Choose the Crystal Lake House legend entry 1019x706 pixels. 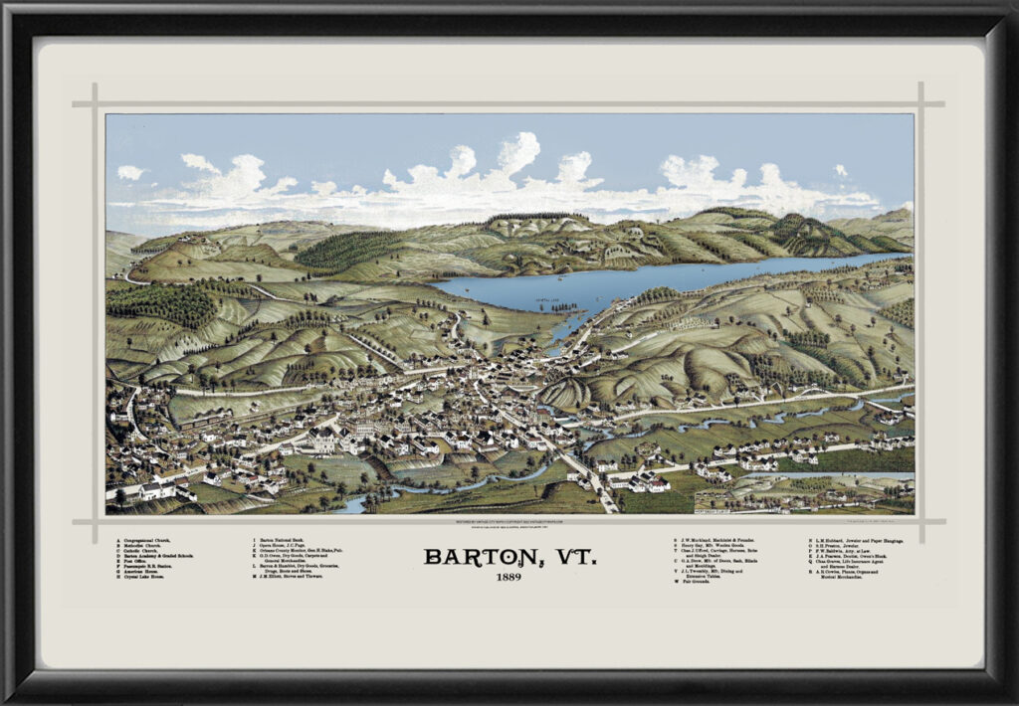150,578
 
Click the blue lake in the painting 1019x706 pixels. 637,283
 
